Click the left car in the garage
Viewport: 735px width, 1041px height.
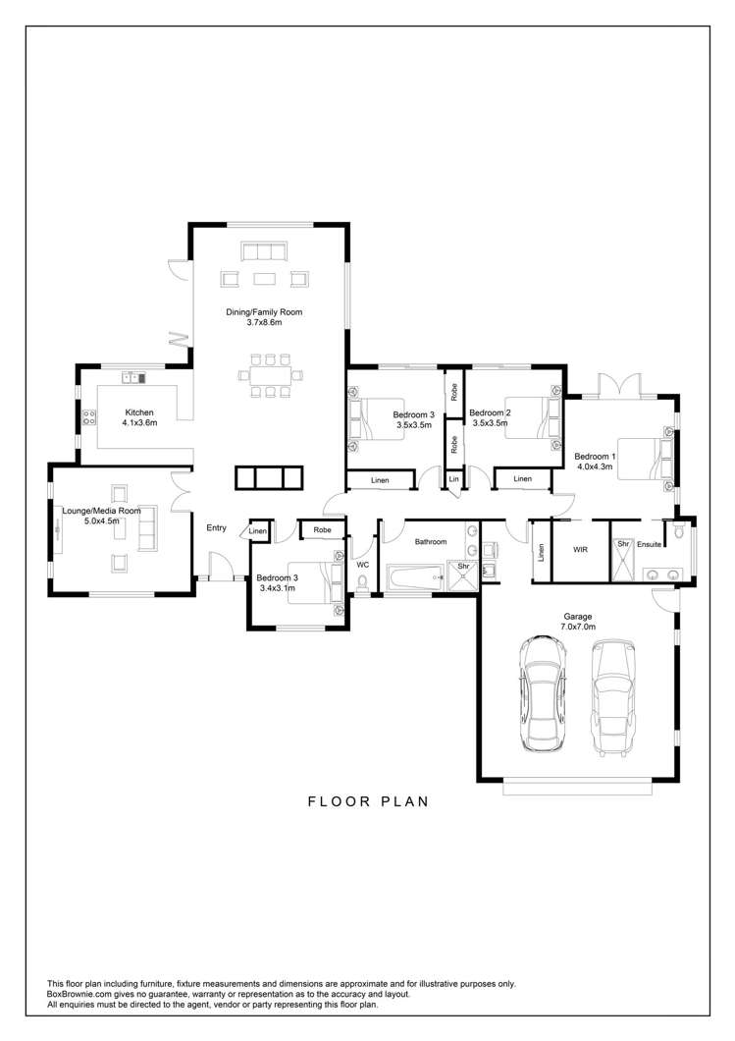tap(541, 692)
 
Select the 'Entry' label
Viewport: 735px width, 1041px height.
tap(216, 528)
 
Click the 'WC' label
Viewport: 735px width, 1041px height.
tap(362, 565)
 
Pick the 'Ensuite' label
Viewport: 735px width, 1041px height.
tap(650, 542)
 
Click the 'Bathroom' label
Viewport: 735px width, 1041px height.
tap(430, 541)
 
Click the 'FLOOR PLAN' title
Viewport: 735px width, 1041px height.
tap(368, 800)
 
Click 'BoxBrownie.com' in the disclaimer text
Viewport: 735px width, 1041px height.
tap(81, 994)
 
